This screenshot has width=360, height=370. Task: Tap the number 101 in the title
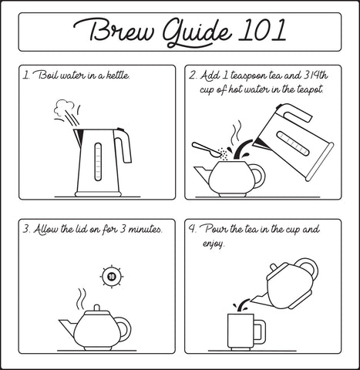pos(262,30)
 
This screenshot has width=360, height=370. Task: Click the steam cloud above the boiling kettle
pos(64,107)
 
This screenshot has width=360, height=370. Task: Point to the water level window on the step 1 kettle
pos(98,162)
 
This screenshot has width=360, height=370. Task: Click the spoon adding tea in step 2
pos(207,150)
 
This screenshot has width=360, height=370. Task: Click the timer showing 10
pos(112,277)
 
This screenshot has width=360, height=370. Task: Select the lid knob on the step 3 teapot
pos(96,308)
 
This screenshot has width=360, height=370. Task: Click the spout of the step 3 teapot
pos(68,325)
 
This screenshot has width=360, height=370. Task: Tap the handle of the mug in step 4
pos(260,332)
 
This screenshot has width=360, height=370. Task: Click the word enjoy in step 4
pos(214,244)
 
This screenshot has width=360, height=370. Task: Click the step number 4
pos(192,229)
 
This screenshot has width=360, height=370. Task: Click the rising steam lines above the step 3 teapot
pos(81,298)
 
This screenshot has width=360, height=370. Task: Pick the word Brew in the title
pos(114,31)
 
